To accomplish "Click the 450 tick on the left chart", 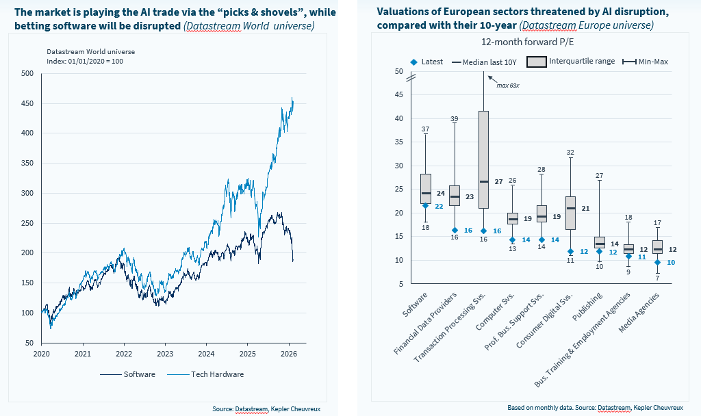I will (28, 103).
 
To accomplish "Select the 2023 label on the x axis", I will (165, 354).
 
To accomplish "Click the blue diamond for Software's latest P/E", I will (425, 205).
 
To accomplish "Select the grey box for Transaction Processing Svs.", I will (483, 159).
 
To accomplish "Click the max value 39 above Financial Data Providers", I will (454, 119).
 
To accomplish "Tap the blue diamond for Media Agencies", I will (657, 262).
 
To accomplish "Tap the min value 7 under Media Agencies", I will (657, 278).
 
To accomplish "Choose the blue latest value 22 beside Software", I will (439, 206).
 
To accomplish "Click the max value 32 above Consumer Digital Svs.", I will (570, 152).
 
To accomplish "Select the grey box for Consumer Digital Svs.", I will (570, 213).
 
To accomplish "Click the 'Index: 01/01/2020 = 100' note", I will (85, 61).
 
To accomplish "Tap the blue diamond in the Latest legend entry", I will (413, 62).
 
